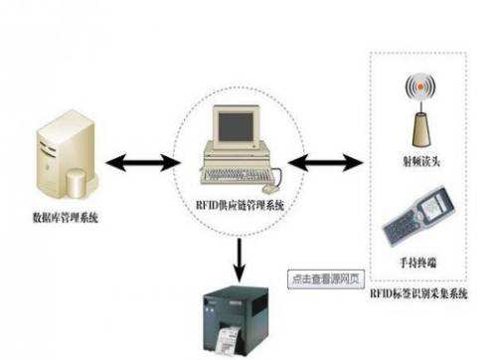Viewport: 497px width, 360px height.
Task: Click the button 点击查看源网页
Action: click(323, 279)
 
